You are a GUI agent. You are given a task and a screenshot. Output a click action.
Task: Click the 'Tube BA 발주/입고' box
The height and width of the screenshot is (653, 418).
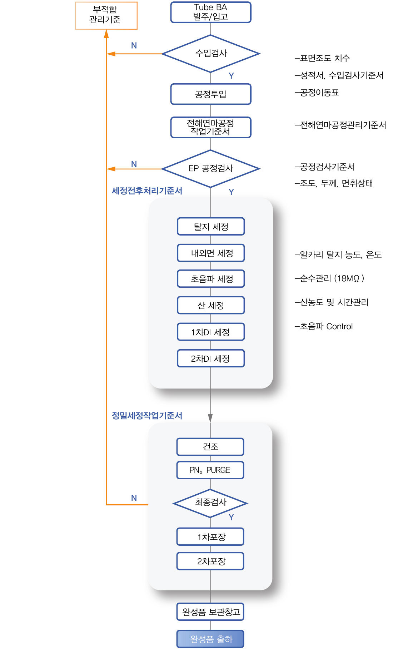coord(211,12)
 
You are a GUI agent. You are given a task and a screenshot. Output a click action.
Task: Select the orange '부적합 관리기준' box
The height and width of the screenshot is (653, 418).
coord(106,15)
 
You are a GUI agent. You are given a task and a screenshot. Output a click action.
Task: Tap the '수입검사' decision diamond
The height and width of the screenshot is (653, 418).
coord(211,54)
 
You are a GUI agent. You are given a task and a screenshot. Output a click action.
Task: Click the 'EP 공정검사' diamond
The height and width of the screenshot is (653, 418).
coord(211,169)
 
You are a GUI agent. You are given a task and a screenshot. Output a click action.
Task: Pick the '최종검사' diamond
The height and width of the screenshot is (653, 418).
coord(210,503)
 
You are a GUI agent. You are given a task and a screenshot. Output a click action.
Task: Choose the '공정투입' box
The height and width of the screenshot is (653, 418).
coord(211,94)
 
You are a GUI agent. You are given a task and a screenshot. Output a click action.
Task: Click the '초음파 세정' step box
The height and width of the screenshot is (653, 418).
coord(211,279)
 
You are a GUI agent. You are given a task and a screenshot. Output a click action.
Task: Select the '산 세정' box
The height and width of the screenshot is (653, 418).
coord(211,305)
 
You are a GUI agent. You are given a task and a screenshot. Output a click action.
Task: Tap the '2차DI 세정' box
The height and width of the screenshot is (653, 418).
coord(211,358)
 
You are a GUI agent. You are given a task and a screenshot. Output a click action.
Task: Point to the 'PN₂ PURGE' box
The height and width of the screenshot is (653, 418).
coord(210,470)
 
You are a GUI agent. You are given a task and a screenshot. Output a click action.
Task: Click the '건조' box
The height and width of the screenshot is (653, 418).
coord(210,447)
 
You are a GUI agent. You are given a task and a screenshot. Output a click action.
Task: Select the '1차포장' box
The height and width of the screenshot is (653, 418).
coord(210,536)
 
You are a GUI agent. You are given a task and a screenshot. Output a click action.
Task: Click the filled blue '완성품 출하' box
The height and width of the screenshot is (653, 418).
coord(210,639)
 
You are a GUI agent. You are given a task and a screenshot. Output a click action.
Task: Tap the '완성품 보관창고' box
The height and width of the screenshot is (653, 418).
coord(210,612)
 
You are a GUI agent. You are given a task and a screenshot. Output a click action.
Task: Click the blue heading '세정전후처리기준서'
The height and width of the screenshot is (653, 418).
coord(147,191)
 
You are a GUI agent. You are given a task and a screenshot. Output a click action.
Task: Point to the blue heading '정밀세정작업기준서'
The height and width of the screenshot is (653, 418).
coord(147,415)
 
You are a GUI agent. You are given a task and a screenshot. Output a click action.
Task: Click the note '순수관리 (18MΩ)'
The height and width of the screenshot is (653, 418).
coord(329,278)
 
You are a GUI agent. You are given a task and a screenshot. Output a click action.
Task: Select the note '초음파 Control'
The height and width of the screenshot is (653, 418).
coord(324,326)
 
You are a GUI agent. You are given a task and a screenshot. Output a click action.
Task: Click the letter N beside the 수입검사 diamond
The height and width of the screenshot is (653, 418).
coord(134,45)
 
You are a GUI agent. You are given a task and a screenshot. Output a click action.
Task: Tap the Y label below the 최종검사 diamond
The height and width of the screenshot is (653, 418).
coord(231,517)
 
